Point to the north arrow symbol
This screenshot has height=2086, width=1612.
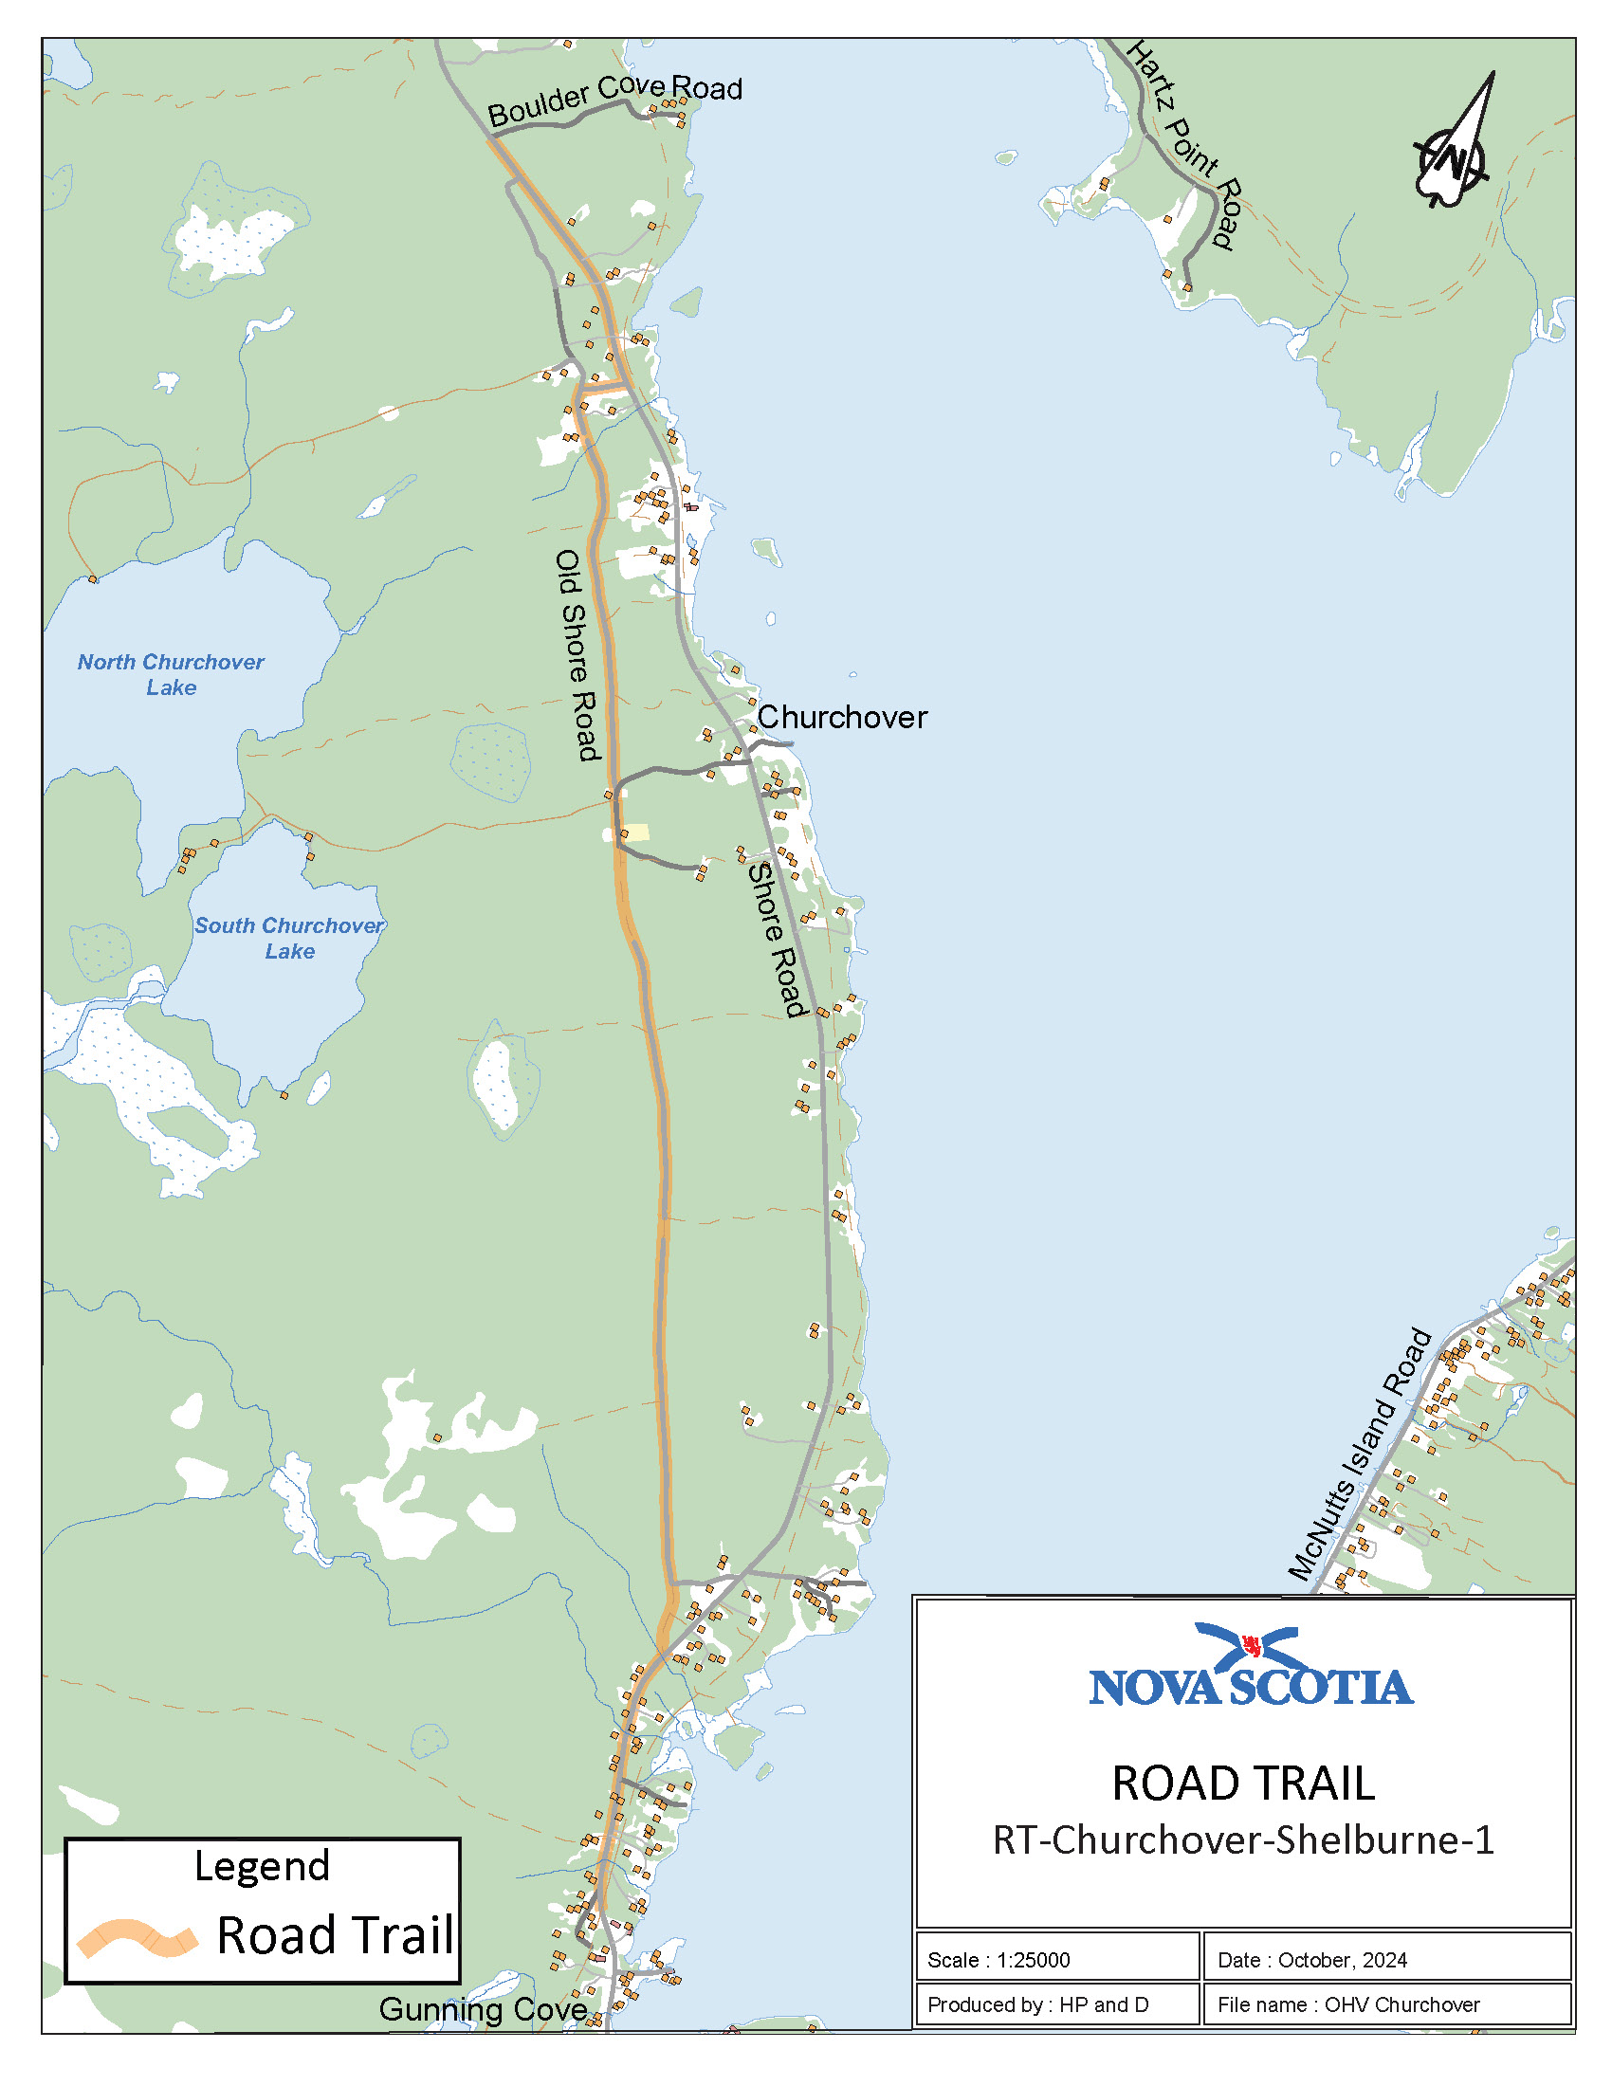tap(1455, 143)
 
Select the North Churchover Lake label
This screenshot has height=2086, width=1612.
tap(171, 674)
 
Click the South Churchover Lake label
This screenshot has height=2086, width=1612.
tap(288, 938)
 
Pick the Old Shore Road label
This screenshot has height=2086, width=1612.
tap(577, 655)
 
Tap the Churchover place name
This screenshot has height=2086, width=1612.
tap(841, 718)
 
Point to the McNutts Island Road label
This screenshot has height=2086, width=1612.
tap(1360, 1455)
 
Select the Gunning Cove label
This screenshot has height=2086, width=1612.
tap(483, 2008)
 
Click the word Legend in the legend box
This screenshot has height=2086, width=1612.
tap(262, 1866)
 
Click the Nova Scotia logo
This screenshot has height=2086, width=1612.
tap(1250, 1669)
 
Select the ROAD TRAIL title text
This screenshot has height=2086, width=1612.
tap(1242, 1784)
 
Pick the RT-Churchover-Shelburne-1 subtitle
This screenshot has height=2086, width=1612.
tap(1242, 1840)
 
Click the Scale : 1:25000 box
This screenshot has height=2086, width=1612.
tap(1056, 1960)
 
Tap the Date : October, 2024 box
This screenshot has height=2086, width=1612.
tap(1386, 1960)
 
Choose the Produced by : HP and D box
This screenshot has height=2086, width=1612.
tap(1056, 2004)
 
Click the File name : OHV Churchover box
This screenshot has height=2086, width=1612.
tap(1386, 2004)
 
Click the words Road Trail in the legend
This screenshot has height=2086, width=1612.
tap(335, 1936)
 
